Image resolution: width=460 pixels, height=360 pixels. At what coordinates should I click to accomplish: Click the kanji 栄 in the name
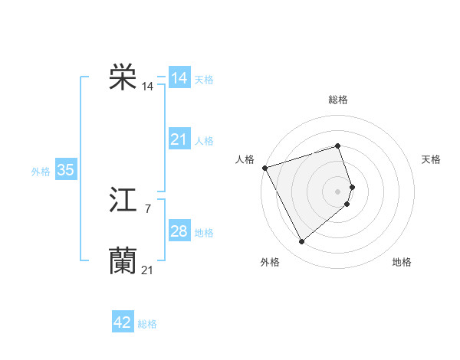[123, 77]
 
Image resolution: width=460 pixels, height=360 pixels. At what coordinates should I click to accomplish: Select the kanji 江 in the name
[123, 201]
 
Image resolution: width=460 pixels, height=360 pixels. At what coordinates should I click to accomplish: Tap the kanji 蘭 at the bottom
[123, 261]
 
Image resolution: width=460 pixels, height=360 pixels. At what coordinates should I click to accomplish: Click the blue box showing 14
[179, 78]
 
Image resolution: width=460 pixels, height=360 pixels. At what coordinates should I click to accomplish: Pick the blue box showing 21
[179, 139]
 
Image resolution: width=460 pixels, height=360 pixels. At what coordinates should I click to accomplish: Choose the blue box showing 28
[179, 231]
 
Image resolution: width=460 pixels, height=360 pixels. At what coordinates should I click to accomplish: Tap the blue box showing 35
[65, 170]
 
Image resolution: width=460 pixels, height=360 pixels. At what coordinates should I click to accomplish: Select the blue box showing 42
[123, 322]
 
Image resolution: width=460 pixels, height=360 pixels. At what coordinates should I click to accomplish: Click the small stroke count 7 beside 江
[147, 208]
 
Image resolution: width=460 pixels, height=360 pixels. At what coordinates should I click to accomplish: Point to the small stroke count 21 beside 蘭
[147, 270]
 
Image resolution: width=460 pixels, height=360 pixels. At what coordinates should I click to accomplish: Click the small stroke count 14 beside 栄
[147, 87]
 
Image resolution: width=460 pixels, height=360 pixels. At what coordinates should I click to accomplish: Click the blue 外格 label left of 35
[41, 172]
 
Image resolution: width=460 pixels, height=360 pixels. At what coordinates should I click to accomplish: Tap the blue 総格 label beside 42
[147, 324]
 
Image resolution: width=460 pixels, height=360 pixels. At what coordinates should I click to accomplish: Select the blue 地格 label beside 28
[204, 233]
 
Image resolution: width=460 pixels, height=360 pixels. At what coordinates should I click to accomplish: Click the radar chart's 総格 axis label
[338, 100]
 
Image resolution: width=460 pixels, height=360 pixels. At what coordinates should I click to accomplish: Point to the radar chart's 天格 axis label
[432, 159]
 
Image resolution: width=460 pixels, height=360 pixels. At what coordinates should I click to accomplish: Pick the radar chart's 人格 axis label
[245, 159]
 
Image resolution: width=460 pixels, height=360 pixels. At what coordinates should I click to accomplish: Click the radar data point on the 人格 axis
[264, 167]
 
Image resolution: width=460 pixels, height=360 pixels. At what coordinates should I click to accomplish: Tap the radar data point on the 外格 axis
[301, 242]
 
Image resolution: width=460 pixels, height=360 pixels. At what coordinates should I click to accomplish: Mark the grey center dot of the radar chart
[338, 191]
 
